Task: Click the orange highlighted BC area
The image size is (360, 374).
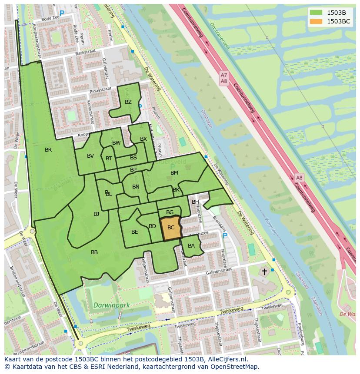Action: [x=171, y=228]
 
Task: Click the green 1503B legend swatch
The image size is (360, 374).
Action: [x=316, y=13]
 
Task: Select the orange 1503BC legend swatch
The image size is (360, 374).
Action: [x=316, y=21]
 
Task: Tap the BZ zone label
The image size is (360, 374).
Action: [x=128, y=102]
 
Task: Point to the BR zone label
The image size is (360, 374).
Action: [x=48, y=150]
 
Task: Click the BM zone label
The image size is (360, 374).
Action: [x=174, y=173]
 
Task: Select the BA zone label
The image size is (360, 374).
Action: [x=191, y=246]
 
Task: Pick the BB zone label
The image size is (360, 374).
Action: [x=94, y=252]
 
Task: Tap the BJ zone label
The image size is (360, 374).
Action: [x=96, y=214]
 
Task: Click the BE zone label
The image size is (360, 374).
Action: [x=134, y=232]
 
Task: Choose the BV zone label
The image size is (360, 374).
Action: [x=90, y=156]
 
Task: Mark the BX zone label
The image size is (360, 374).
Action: [x=143, y=139]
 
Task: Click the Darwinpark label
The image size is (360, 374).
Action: [x=110, y=305]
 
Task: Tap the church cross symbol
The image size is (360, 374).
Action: [x=264, y=271]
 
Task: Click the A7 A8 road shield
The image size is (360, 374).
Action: [x=223, y=78]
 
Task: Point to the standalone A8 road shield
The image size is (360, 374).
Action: [x=299, y=178]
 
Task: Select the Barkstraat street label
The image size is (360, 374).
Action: [x=84, y=55]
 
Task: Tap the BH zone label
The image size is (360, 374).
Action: [x=195, y=202]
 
